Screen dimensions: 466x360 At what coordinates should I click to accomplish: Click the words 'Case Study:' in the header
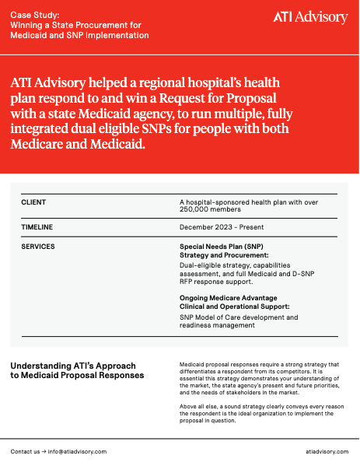[x=33, y=15]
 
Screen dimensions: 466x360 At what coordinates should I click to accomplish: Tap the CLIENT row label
[x=33, y=202]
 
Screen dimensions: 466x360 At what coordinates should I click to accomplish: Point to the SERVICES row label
[x=38, y=247]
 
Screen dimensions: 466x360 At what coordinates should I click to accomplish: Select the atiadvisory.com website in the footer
[x=327, y=451]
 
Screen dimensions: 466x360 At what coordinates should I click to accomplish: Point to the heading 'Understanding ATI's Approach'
[x=72, y=366]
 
